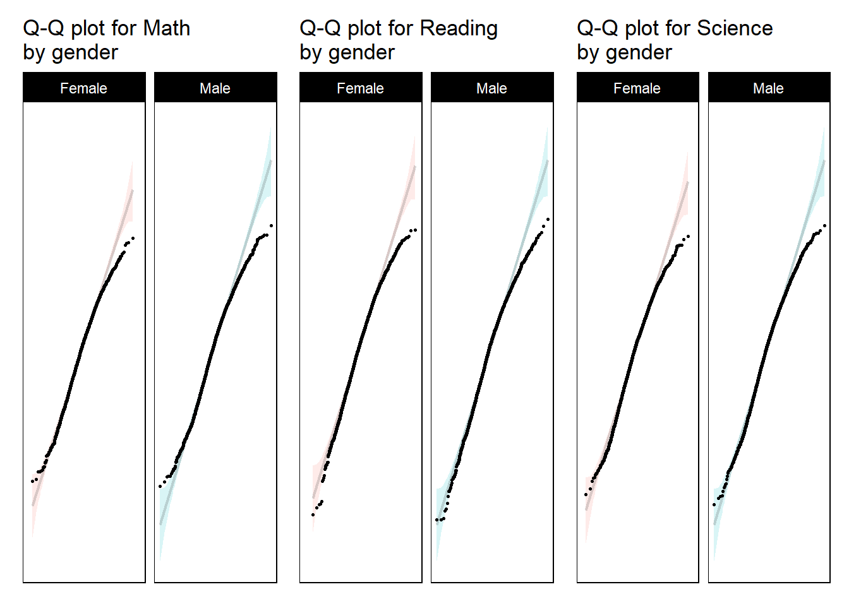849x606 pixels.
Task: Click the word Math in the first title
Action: coord(166,28)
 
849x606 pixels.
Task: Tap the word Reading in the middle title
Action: coord(459,28)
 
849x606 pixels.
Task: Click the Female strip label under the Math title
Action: coord(83,88)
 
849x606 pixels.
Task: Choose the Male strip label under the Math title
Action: coord(215,88)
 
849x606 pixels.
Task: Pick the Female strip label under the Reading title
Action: coord(360,88)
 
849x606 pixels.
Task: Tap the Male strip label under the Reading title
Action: coord(491,88)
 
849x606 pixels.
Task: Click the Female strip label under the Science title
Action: coord(637,88)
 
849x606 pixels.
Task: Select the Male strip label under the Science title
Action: coord(768,88)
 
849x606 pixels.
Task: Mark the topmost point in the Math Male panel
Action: coord(272,225)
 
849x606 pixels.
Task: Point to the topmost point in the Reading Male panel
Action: coord(548,220)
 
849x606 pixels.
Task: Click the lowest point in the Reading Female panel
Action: coord(313,514)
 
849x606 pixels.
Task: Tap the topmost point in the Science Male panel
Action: coord(824,225)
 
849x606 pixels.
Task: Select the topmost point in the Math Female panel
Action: coord(133,238)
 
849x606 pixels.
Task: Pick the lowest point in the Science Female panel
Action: coord(586,494)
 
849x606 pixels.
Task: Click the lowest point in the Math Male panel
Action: coord(160,486)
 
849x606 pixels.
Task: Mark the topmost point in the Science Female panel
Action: coord(688,237)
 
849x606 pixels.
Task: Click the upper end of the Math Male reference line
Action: coord(271,162)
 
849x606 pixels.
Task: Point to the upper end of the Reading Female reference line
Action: coord(415,167)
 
